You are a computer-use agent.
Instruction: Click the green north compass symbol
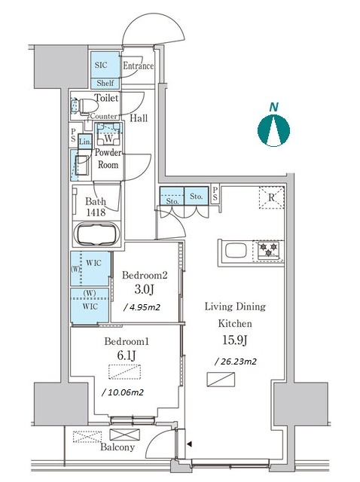(273, 130)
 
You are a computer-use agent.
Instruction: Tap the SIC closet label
(101, 66)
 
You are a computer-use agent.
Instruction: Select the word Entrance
(139, 66)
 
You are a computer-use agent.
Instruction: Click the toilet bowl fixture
(87, 106)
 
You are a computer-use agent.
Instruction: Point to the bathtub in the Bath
(97, 234)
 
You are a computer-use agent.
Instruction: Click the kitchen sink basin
(236, 251)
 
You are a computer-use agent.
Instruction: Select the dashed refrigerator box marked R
(271, 197)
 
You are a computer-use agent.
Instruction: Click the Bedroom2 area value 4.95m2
(142, 307)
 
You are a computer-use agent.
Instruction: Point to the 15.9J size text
(235, 340)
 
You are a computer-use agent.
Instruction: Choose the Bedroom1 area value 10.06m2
(123, 392)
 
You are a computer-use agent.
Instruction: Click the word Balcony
(117, 447)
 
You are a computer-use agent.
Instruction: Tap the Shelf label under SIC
(105, 83)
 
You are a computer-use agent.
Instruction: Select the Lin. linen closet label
(85, 142)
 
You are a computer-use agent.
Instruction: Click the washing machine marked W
(108, 134)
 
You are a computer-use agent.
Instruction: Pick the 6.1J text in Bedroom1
(127, 355)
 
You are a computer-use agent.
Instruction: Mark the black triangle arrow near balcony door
(190, 444)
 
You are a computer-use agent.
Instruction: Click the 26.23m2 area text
(236, 361)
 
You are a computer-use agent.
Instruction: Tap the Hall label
(139, 118)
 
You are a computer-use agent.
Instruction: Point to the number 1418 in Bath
(96, 212)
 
